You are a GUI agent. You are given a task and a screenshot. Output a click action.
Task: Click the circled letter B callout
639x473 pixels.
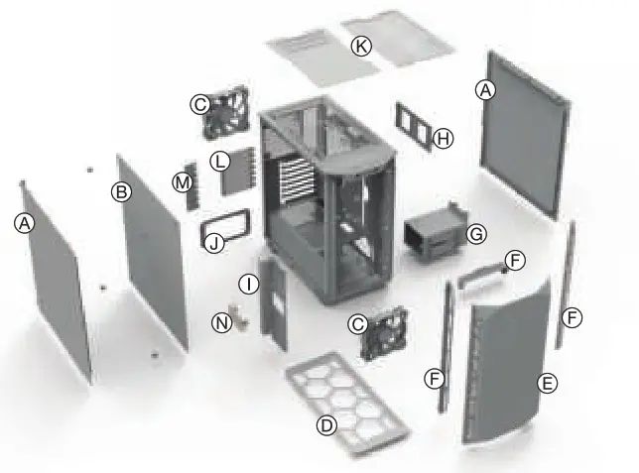tap(122, 192)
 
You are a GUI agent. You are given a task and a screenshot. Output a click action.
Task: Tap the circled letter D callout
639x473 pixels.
tap(324, 424)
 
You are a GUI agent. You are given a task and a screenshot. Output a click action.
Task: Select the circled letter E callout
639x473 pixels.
tap(547, 382)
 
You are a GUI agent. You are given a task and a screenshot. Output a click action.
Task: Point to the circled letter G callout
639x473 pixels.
tap(476, 234)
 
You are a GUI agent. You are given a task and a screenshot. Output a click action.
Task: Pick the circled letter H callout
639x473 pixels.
tap(444, 139)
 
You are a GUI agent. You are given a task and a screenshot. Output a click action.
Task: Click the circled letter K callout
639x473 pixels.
tap(361, 46)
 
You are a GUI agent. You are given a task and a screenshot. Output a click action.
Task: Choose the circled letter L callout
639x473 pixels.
tap(220, 160)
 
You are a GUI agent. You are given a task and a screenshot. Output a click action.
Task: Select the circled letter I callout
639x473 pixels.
tap(249, 285)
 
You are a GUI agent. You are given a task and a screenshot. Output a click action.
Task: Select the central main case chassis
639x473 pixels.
tap(327, 198)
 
